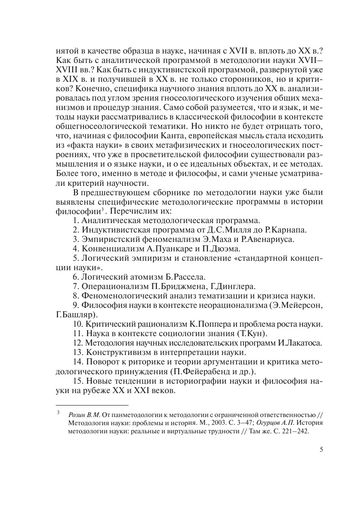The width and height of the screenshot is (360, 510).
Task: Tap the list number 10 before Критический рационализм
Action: point(78,325)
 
